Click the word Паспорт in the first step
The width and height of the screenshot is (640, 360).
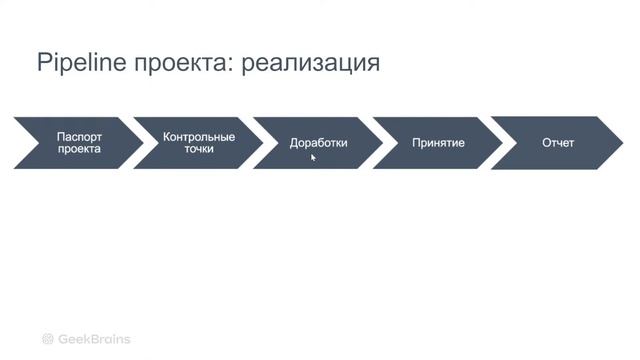[x=79, y=136]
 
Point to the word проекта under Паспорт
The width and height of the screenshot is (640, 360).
[x=79, y=150]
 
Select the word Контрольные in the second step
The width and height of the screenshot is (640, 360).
[x=199, y=136]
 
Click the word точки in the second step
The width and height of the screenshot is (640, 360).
[x=199, y=150]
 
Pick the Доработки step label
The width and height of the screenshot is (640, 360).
[x=318, y=143]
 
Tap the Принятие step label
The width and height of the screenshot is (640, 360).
[x=438, y=143]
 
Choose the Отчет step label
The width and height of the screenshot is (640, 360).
[x=558, y=143]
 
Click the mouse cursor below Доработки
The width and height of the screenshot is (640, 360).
[x=313, y=157]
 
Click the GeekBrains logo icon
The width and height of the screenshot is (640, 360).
[x=47, y=339]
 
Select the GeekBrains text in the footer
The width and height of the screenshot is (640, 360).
[x=94, y=339]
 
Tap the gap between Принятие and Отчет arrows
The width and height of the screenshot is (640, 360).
[x=497, y=143]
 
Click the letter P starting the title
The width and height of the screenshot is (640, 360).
[x=43, y=63]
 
